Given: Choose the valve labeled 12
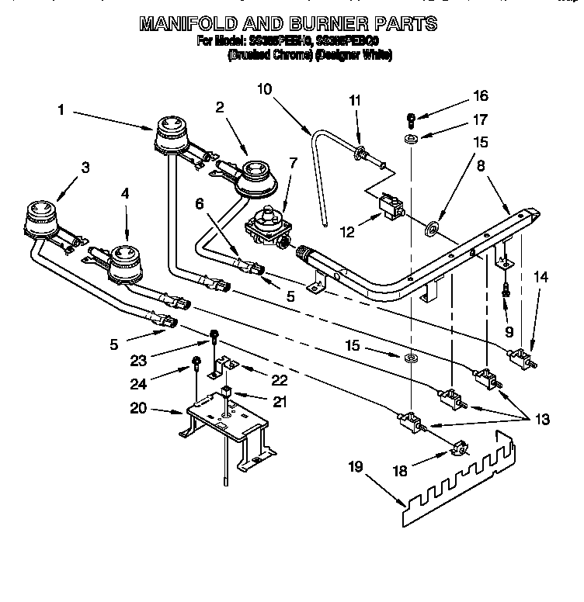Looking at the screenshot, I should coord(391,207).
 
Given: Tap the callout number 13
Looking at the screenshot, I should coord(541,420).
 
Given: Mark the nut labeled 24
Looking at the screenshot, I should coord(196,361).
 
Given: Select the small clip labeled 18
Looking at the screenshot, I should coord(459,448).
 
